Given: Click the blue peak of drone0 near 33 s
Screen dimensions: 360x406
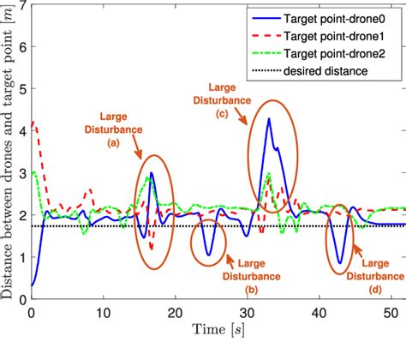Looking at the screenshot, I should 268,119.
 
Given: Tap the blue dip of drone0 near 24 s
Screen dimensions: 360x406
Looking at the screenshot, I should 206,255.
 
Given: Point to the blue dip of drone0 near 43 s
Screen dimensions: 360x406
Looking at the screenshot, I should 340,263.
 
